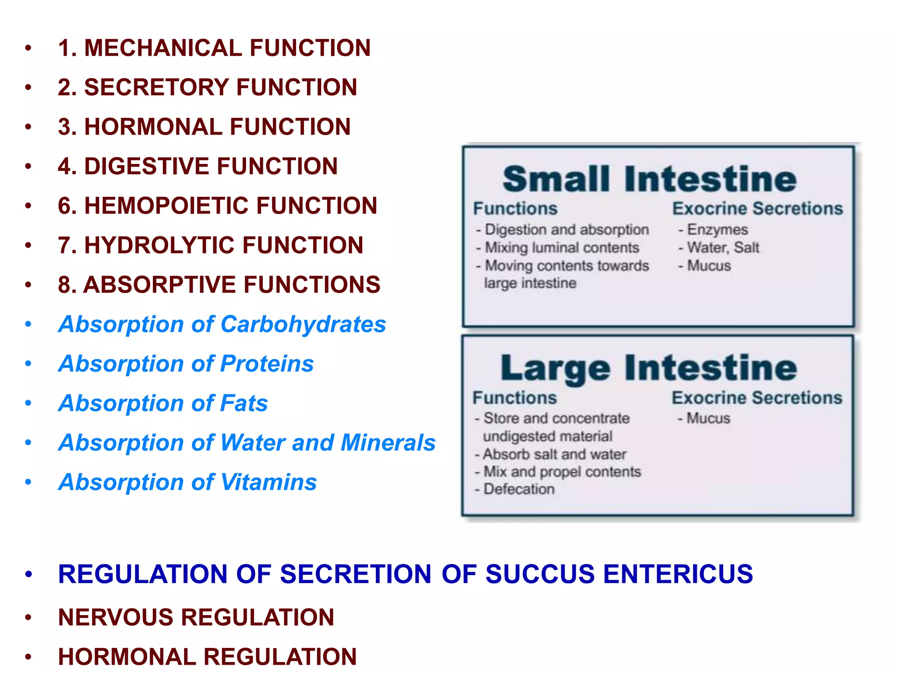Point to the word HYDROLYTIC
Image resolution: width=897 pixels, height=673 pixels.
pos(158,245)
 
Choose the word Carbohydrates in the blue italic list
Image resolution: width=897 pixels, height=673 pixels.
pos(303,324)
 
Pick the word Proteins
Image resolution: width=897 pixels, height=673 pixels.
pos(267,364)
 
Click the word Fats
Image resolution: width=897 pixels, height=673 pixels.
pos(244,403)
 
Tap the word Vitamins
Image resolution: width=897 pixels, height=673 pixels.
pos(268,482)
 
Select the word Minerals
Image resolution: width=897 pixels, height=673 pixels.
pos(388,443)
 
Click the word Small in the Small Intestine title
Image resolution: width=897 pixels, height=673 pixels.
pos(556,179)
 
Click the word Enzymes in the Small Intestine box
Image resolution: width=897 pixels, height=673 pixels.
pos(717,230)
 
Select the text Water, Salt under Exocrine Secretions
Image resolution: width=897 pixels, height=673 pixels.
pos(723,248)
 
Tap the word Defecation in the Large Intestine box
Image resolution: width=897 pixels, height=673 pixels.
pos(519,489)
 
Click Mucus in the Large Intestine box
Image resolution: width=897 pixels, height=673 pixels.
pos(708,418)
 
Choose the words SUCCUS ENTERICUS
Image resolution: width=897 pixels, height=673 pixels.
pos(619,574)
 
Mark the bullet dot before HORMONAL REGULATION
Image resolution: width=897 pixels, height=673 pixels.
pos(28,657)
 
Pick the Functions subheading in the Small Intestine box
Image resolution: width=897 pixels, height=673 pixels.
pos(515,209)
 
